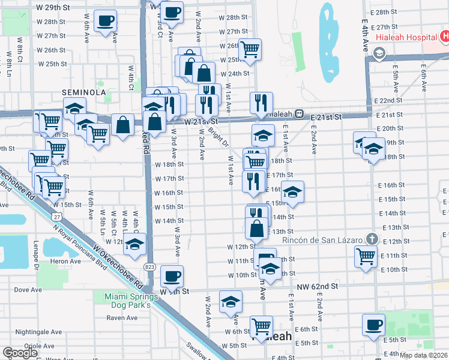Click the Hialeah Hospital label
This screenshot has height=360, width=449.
coord(406,37)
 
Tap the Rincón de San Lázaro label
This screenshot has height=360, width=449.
coord(323,240)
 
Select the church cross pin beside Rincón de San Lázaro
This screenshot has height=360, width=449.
coord(372,238)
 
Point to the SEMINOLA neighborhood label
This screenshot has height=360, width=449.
coord(84,92)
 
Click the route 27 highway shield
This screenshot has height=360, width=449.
coord(56,215)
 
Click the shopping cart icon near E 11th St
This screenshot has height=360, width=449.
coord(366,256)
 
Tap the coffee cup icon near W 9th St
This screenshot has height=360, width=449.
coord(172,276)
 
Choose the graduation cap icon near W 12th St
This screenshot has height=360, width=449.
coord(135,244)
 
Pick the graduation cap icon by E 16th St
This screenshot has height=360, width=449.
coord(292,192)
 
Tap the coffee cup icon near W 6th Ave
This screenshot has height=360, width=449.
coord(106,20)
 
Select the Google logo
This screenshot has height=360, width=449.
coord(20,353)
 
